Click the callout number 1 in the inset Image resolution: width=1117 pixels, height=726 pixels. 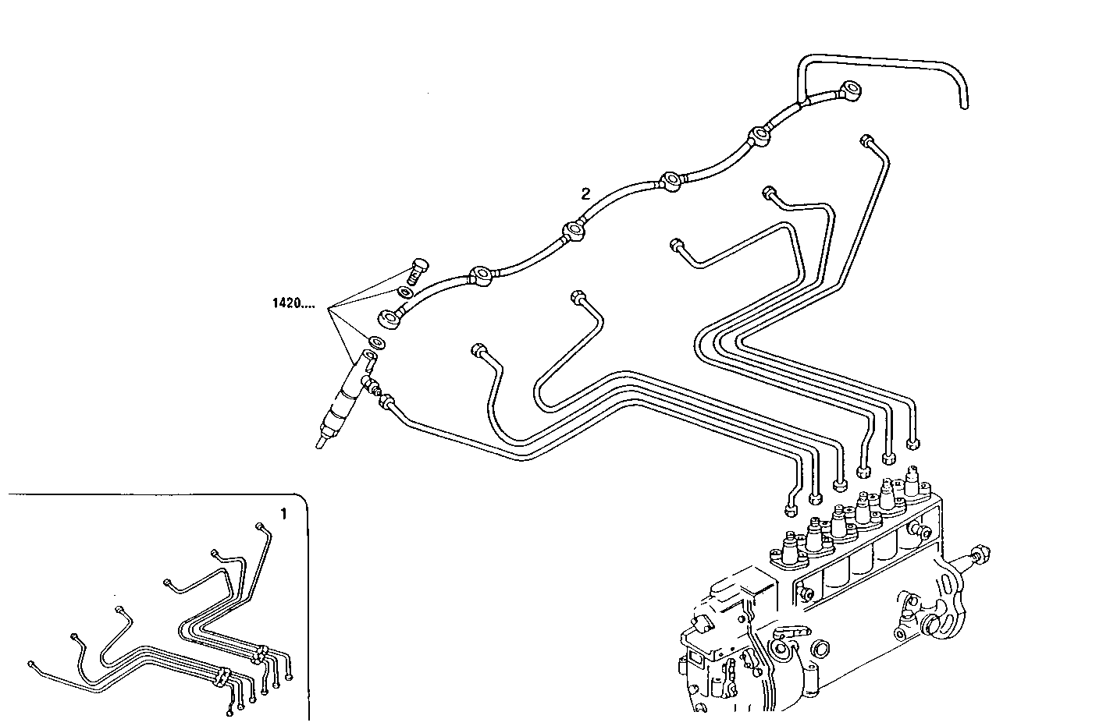(x=284, y=514)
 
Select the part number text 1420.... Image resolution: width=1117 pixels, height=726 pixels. (x=293, y=303)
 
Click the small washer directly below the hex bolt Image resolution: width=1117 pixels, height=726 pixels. (x=406, y=292)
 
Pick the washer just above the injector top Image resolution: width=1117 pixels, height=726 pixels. (x=376, y=342)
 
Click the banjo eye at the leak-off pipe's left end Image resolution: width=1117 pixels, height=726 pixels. (x=390, y=317)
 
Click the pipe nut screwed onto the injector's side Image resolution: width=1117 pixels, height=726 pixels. (x=386, y=402)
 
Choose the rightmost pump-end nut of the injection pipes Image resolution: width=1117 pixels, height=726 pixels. (x=912, y=445)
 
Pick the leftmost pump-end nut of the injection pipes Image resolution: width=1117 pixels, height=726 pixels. (x=790, y=510)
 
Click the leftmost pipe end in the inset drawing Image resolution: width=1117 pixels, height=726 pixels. (x=30, y=664)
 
